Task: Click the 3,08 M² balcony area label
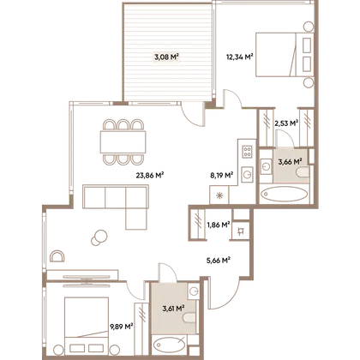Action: (167, 57)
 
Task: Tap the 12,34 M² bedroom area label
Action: (240, 57)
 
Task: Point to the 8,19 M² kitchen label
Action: (222, 175)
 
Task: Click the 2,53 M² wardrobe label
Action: (286, 123)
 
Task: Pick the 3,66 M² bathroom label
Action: (291, 162)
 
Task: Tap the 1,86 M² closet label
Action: (219, 225)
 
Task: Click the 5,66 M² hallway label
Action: (219, 261)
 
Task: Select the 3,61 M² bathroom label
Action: (173, 309)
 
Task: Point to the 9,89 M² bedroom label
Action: (122, 326)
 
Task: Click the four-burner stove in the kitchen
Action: (247, 152)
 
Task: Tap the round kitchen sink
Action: (247, 173)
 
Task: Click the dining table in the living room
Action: (123, 142)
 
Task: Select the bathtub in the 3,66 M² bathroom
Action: (284, 194)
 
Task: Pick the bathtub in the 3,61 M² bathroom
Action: (170, 345)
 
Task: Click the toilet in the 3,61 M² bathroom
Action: (189, 318)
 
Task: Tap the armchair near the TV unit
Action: (57, 256)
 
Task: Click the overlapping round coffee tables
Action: (99, 237)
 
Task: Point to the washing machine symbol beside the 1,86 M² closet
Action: (241, 231)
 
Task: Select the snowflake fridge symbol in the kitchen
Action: (219, 195)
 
